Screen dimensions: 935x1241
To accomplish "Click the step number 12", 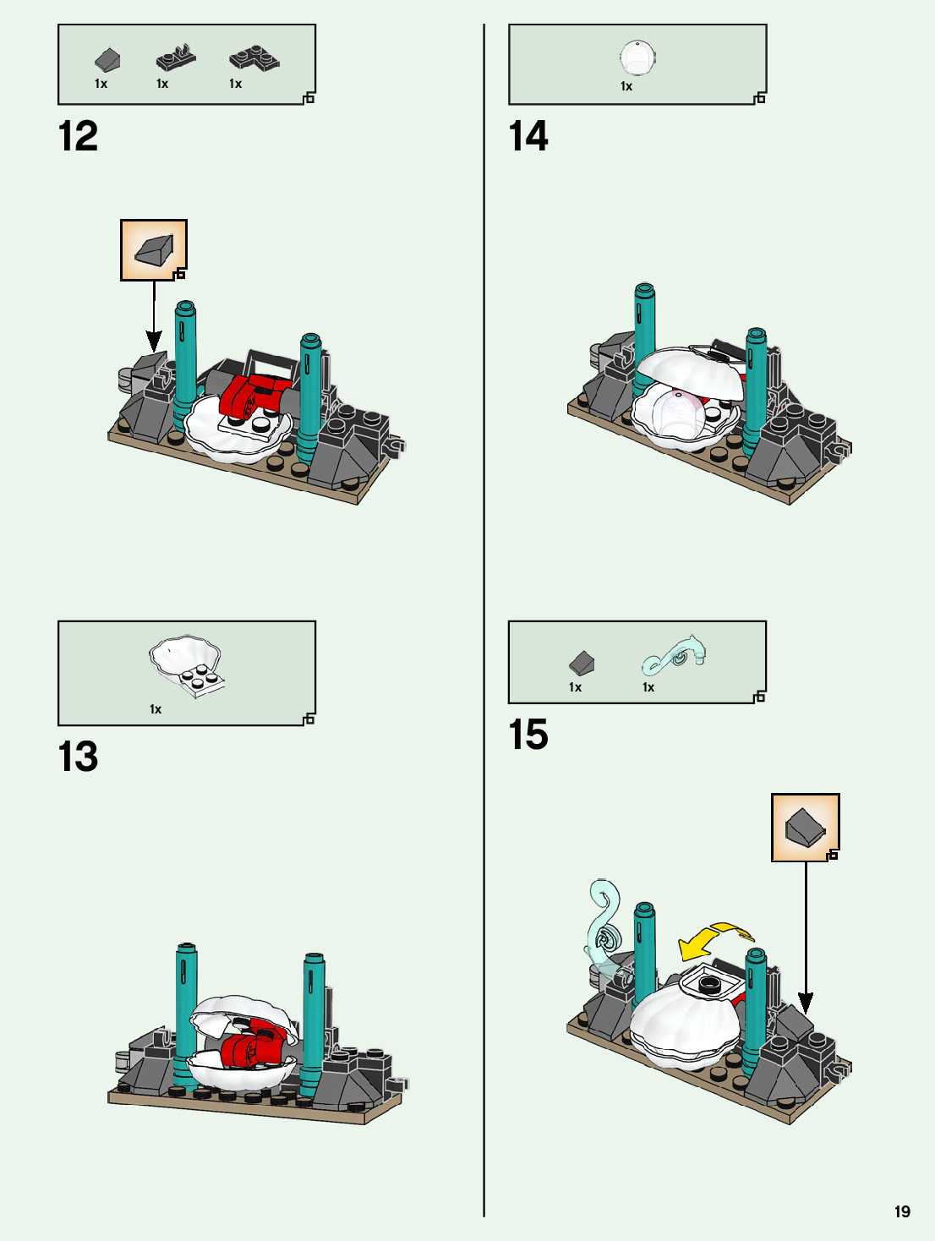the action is point(78,136).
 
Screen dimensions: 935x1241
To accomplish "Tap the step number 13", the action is point(78,757).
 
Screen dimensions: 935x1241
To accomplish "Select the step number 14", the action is point(528,136).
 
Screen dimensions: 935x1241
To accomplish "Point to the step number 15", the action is point(528,735).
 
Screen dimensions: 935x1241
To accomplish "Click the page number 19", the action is point(902,1211).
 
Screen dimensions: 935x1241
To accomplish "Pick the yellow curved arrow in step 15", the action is point(714,941).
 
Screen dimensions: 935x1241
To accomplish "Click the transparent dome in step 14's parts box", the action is point(637,57).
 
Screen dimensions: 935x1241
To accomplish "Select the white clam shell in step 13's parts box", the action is point(186,666).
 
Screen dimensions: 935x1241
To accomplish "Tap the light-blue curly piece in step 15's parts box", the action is point(674,655).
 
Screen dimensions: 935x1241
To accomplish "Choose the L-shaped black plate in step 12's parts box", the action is point(254,59).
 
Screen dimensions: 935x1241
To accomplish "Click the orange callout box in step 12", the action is point(154,250).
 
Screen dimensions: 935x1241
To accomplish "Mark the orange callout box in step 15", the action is point(806,828).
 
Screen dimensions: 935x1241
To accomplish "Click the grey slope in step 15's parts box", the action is point(582,663).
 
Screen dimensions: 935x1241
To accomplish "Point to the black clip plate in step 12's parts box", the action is point(176,58).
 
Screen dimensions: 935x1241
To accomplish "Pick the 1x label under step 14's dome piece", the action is point(626,86).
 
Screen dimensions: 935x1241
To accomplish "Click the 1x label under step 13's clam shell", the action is point(156,709).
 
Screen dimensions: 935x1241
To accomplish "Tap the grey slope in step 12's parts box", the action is point(107,60).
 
